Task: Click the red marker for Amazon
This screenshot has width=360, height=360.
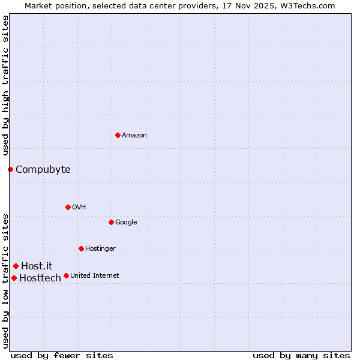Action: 118,135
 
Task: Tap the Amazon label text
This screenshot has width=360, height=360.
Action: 134,136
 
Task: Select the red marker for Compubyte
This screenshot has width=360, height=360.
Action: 10,169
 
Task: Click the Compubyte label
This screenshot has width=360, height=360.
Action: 43,169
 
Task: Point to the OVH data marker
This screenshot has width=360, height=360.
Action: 68,207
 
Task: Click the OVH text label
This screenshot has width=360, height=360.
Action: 79,208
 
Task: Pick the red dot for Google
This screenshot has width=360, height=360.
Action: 111,222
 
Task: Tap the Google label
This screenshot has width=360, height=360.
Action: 126,223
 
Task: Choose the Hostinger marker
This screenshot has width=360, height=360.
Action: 81,248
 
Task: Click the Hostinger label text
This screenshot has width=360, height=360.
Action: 100,249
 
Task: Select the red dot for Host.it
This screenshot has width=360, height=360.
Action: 16,266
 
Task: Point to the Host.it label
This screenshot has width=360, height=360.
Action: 37,266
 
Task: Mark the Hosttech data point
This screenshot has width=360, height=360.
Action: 14,278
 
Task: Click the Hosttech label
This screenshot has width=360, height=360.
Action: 40,278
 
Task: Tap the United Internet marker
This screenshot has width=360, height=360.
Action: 66,275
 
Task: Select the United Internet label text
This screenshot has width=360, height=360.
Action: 94,276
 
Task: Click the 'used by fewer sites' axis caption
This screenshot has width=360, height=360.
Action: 62,355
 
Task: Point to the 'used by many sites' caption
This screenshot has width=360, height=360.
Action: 301,355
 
